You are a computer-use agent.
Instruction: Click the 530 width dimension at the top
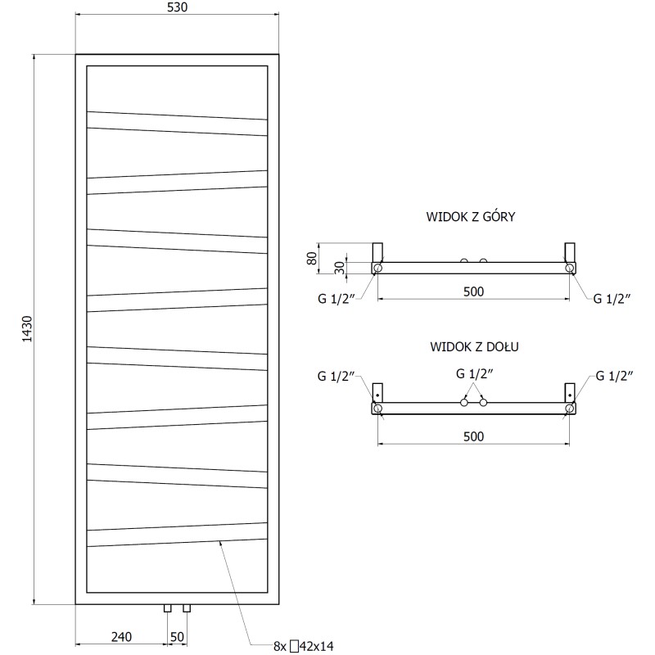[x=177, y=8]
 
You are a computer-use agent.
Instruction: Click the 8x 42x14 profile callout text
[x=305, y=647]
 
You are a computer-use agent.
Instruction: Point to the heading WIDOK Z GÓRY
[x=470, y=217]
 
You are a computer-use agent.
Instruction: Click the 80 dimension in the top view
[x=311, y=258]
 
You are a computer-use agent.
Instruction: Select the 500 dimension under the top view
[x=473, y=291]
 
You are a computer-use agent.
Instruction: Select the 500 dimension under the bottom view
[x=473, y=436]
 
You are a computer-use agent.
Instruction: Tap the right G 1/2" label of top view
[x=612, y=299]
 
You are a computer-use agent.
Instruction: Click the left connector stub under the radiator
[x=167, y=608]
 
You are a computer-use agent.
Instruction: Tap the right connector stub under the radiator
[x=187, y=608]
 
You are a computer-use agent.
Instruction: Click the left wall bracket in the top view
[x=377, y=251]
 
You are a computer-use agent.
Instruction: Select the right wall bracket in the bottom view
[x=569, y=392]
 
